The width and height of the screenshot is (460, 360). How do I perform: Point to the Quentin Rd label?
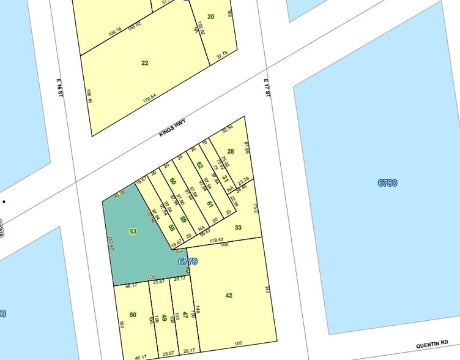coord(433,345)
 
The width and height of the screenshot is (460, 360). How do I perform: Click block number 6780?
coord(387,182)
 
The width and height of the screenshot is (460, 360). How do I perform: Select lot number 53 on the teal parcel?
coord(133,231)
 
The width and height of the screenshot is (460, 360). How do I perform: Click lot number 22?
coord(144,62)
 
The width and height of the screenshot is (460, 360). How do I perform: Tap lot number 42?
coord(229,295)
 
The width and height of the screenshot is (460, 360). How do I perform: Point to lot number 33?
coord(238,228)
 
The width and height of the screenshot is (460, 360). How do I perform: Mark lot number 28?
coord(231,151)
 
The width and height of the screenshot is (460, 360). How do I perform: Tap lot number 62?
coord(199,165)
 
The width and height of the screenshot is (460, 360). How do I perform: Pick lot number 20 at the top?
coord(210,17)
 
